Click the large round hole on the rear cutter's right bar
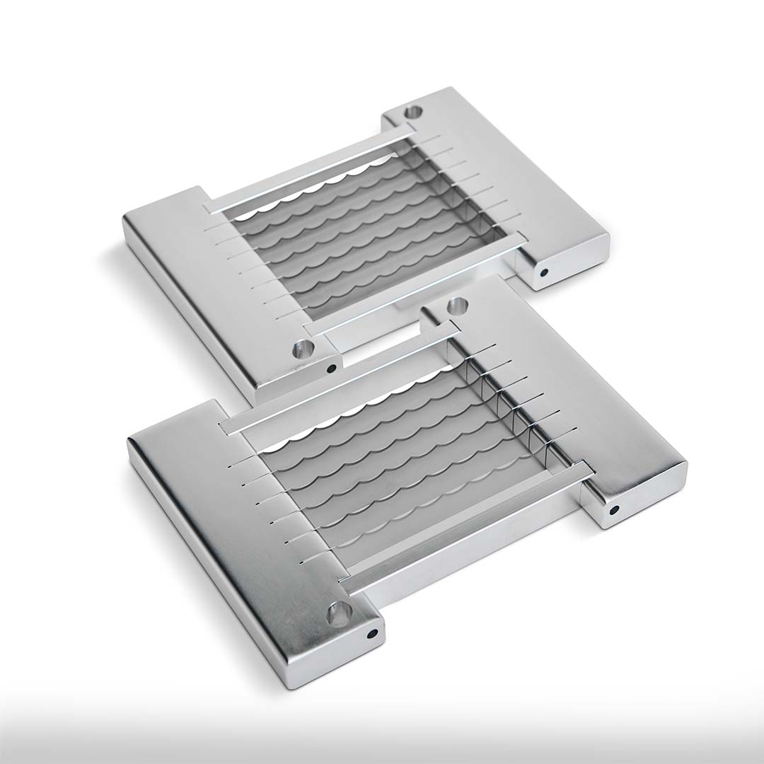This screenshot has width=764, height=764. tap(412, 111)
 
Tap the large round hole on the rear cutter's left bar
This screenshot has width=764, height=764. tap(303, 348)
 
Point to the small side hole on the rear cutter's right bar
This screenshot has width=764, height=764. tap(544, 272)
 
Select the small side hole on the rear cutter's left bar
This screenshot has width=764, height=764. tap(331, 368)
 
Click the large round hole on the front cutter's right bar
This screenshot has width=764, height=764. tap(458, 307)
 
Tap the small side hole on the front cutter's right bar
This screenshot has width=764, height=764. tap(614, 509)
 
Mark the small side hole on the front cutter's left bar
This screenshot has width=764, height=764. tap(371, 635)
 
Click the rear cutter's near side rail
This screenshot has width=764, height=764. tap(417, 283)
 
